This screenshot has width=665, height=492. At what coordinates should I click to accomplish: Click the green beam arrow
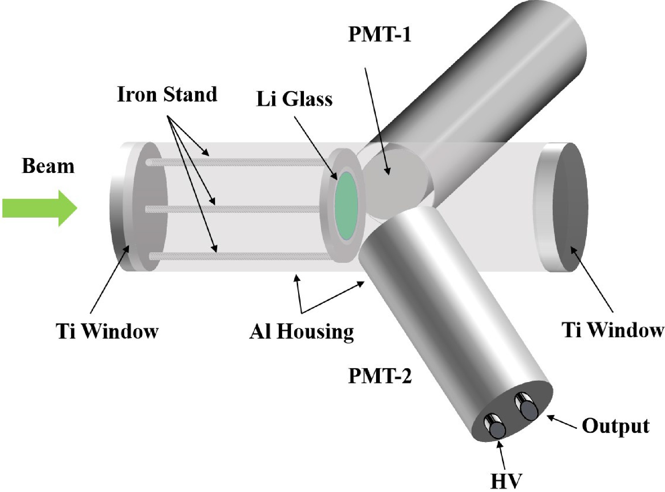tap(39, 208)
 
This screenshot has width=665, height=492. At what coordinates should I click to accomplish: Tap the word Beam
tap(48, 166)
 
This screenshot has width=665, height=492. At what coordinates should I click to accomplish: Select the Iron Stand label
tap(167, 94)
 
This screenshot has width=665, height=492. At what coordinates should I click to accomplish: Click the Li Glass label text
tap(294, 99)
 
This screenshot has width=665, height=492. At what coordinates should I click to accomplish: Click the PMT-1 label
tap(379, 35)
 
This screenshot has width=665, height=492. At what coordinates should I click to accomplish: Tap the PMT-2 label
tap(380, 376)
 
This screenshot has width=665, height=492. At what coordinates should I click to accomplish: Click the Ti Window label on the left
tap(107, 331)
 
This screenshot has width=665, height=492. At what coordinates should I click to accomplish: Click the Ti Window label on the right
tap(613, 330)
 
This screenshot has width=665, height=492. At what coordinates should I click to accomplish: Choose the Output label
tap(615, 426)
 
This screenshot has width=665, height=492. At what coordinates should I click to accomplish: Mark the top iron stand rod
tap(238, 162)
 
